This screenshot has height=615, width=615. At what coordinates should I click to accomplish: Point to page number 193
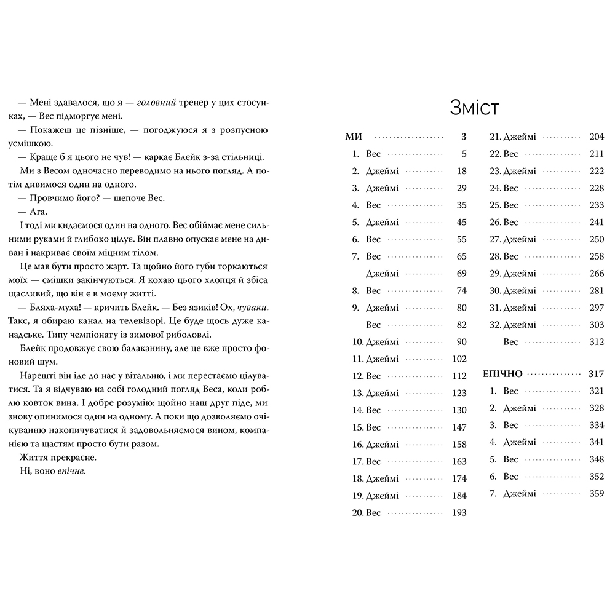click(459, 513)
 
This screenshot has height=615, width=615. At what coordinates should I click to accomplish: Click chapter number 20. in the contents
click(357, 513)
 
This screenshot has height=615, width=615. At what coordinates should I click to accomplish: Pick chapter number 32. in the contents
click(495, 325)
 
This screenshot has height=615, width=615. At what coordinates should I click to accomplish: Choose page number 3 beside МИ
click(464, 137)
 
